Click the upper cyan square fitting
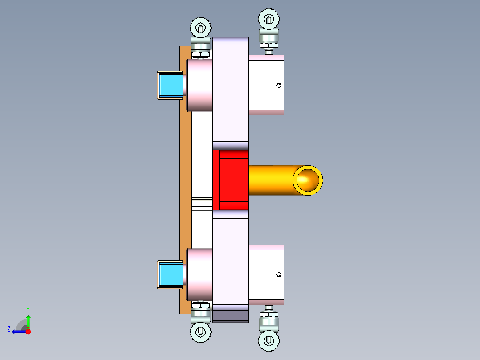coord(171,85)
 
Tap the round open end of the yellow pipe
coord(308,180)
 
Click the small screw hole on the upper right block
coord(279,85)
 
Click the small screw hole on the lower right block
coord(279,274)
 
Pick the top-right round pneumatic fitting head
coord(268,19)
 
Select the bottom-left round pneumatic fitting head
coord(200,332)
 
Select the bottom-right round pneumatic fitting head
coord(269,341)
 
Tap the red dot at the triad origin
coord(28,331)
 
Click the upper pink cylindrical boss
coord(199,85)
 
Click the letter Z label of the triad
coord(9,329)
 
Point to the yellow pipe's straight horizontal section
coord(269,180)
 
